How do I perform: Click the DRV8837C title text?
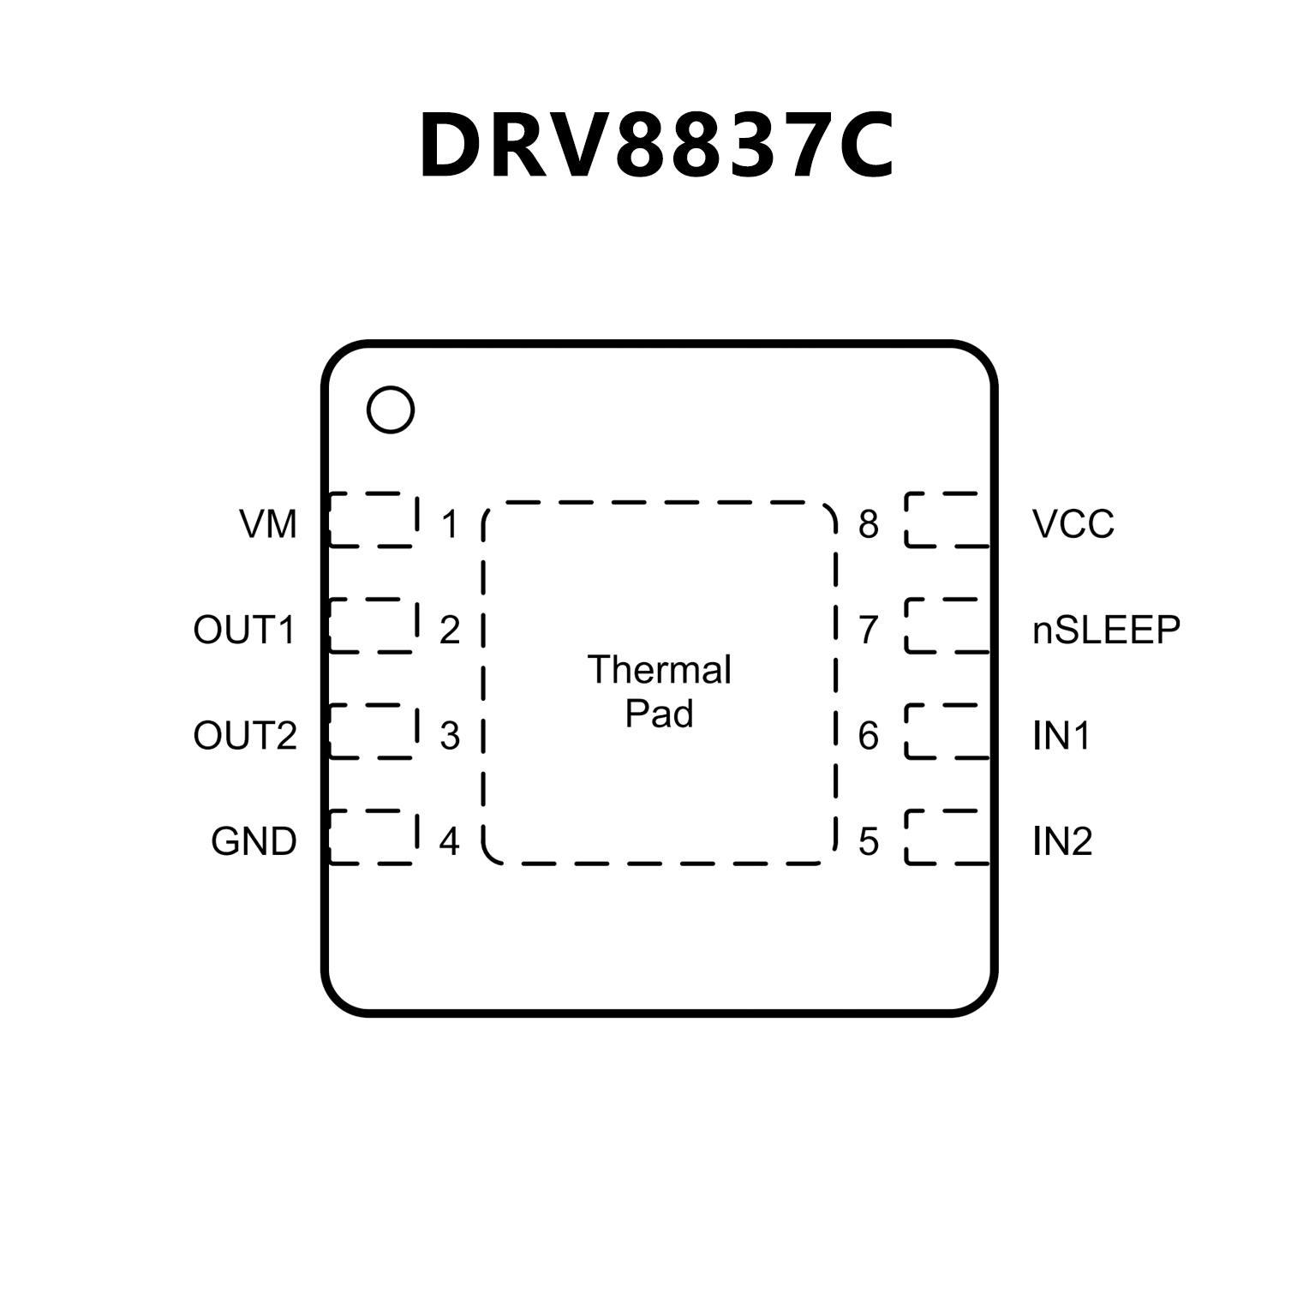[657, 146]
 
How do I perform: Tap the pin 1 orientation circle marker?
[390, 409]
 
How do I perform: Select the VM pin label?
[268, 523]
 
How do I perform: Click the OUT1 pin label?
[244, 630]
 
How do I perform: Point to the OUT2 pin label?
[245, 735]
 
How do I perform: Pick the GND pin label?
[254, 841]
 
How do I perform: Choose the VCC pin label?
[1073, 523]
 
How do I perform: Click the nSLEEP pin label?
[1106, 630]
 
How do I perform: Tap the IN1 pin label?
[1061, 735]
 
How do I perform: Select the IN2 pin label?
[1062, 841]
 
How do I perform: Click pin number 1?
[450, 523]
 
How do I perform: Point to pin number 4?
[450, 841]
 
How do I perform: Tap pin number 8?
[869, 523]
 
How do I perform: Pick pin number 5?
[869, 841]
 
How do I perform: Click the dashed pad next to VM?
[374, 519]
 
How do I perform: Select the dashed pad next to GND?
[374, 837]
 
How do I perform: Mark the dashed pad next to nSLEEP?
[947, 625]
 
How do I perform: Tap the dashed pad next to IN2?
[947, 837]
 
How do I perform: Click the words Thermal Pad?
[659, 691]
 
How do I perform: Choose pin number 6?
[869, 735]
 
